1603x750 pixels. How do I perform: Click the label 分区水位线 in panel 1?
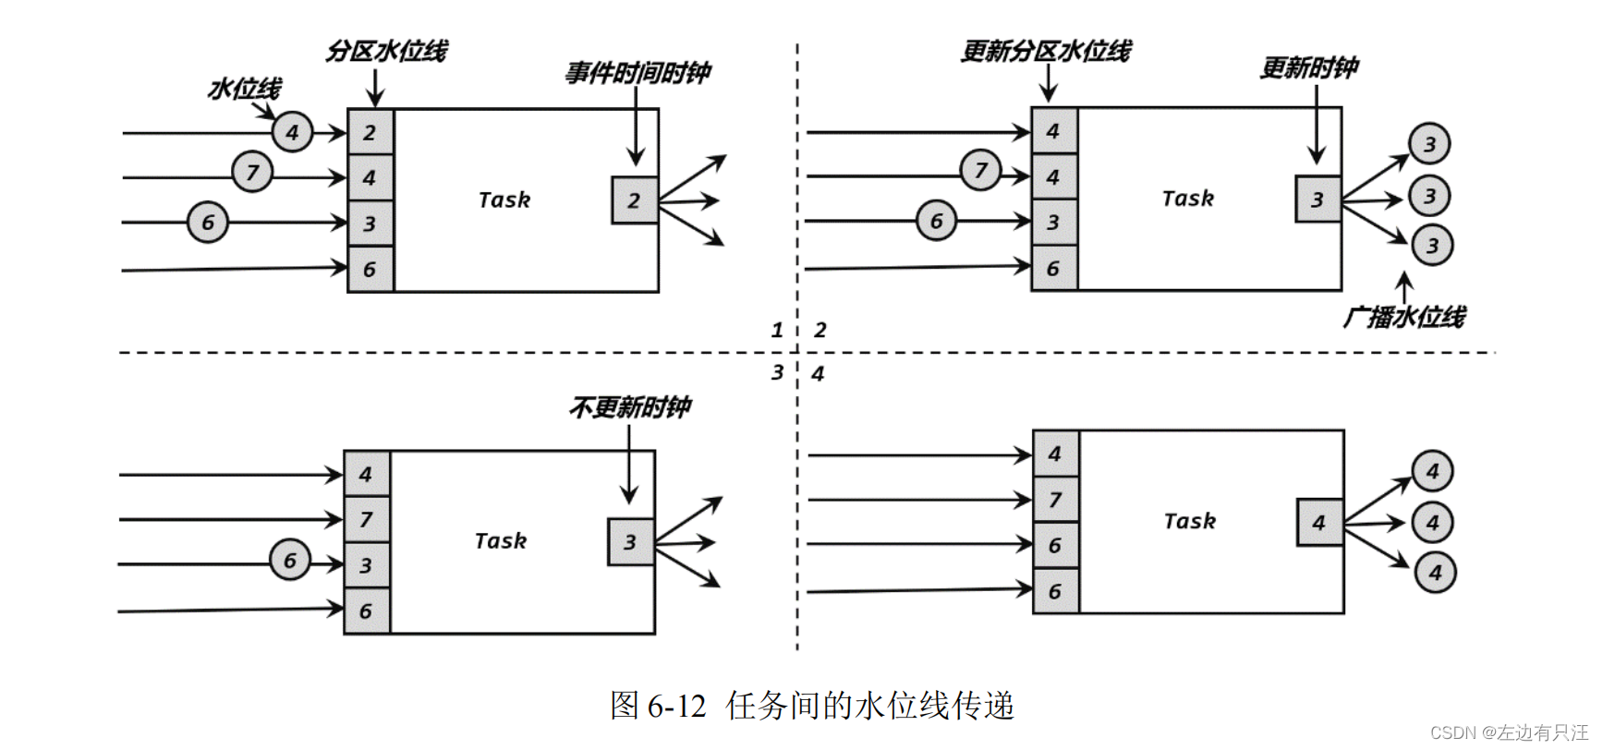coord(385,51)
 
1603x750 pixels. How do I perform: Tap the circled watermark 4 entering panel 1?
coord(293,132)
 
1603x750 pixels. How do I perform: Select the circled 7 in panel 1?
coord(252,172)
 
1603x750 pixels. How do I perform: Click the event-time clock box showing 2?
coord(634,200)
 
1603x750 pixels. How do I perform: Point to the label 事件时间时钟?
coord(638,73)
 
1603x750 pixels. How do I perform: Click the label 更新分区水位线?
coord(1045,51)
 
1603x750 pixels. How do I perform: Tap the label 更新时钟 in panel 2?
coord(1309,67)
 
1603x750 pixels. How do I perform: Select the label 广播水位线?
coord(1403,317)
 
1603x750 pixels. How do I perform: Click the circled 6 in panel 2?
coord(936,221)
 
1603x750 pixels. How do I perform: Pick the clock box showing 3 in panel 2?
coord(1318,199)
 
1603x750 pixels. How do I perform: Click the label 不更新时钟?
coord(629,407)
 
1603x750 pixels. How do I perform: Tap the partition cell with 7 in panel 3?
coord(367,519)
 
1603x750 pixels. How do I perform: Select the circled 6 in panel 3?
coord(290,560)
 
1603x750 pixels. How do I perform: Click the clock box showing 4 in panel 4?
coord(1319,522)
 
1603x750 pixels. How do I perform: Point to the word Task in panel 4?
coord(1189,521)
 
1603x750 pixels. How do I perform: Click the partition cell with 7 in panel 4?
coord(1055,500)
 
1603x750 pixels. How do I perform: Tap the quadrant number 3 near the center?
coord(777,371)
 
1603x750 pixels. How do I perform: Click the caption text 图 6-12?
coord(658,706)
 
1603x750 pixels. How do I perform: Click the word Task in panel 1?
coord(504,200)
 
